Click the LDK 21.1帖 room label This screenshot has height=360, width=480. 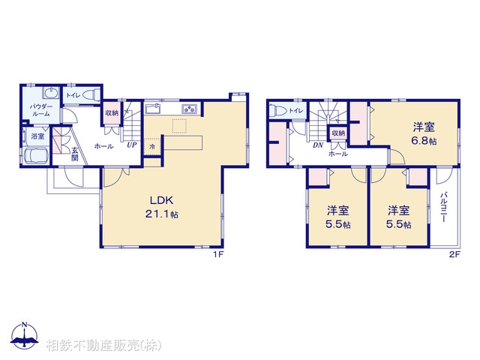pos(163,207)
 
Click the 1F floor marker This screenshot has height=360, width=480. pos(219,255)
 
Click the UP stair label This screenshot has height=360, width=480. pos(131,145)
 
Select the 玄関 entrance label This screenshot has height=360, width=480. pos(75,154)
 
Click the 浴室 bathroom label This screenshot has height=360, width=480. pos(37,137)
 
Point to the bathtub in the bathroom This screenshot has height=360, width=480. pos(36,159)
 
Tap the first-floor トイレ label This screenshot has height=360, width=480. pos(73,96)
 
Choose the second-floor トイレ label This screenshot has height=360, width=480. pos(296,111)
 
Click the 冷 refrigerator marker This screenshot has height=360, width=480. pos(152,147)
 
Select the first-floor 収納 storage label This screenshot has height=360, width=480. pos(112,113)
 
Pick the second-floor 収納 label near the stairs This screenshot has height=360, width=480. pos(338,133)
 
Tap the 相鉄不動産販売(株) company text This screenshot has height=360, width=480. pos(103,346)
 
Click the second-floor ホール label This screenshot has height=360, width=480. pos(337,153)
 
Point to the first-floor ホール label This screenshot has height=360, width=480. pos(103,145)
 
